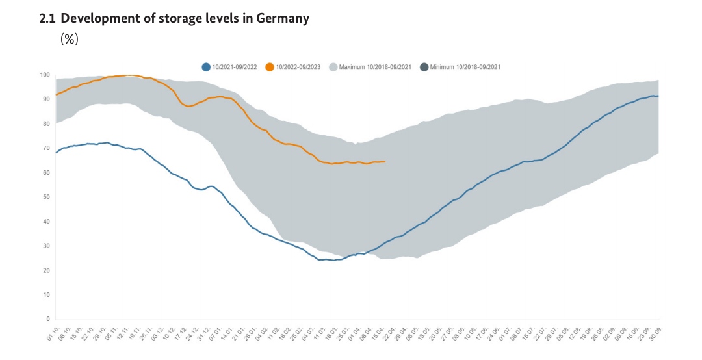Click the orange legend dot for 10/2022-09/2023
click(270, 67)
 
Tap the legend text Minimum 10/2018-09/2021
click(465, 67)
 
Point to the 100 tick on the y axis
click(45, 75)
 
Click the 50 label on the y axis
click(47, 197)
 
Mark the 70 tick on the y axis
click(47, 148)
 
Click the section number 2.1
click(47, 19)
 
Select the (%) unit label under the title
click(70, 39)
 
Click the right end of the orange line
click(385, 161)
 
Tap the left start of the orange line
click(57, 95)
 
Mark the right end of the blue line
click(658, 96)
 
